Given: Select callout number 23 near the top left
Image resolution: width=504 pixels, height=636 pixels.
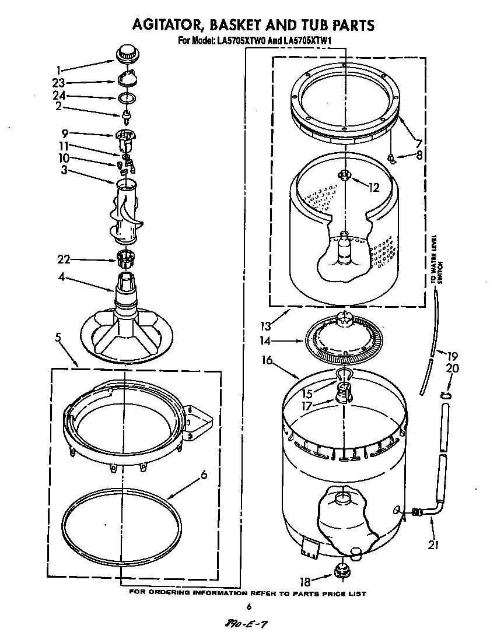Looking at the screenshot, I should coord(58,83).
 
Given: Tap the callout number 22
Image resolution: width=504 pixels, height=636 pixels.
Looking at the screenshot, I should coord(64,259).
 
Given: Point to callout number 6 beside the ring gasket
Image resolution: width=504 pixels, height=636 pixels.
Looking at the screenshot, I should coord(204,475).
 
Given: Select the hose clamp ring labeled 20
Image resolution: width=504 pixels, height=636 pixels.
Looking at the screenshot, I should coord(446,396).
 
